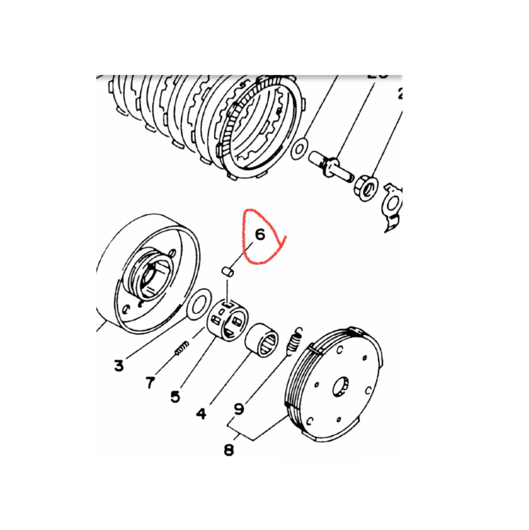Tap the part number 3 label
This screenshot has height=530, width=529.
119,365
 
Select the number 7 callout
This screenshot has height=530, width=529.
151,382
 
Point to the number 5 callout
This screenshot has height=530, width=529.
176,396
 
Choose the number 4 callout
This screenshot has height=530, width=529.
201,413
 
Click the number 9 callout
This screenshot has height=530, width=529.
239,408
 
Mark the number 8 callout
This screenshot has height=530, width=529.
229,451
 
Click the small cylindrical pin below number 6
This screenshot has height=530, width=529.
227,271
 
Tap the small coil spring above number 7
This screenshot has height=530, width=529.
181,348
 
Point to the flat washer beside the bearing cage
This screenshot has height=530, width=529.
197,305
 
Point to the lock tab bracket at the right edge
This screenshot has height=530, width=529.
394,206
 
